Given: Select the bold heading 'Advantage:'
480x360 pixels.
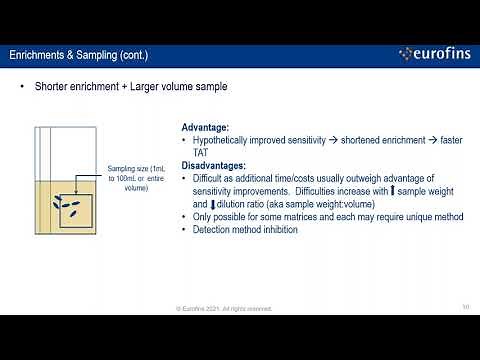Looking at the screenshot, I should [205, 128].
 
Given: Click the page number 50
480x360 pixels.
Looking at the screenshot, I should [465, 307].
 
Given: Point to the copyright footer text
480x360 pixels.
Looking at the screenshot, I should [239, 308].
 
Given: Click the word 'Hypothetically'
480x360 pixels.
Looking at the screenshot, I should [222, 141].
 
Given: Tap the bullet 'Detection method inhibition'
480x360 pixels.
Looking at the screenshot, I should [243, 230].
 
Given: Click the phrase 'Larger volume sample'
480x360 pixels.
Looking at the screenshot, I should [181, 87].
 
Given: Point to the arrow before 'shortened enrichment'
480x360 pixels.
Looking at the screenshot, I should [341, 141].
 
